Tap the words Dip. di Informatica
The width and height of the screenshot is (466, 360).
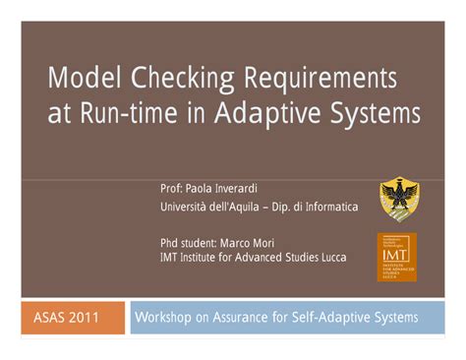click(x=318, y=207)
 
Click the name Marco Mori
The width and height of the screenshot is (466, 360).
click(x=258, y=242)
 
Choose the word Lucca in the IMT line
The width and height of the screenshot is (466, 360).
click(x=331, y=257)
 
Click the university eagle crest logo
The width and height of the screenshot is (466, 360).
click(x=396, y=198)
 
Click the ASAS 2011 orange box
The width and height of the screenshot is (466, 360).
click(x=73, y=318)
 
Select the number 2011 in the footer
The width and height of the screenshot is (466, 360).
click(x=95, y=318)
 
